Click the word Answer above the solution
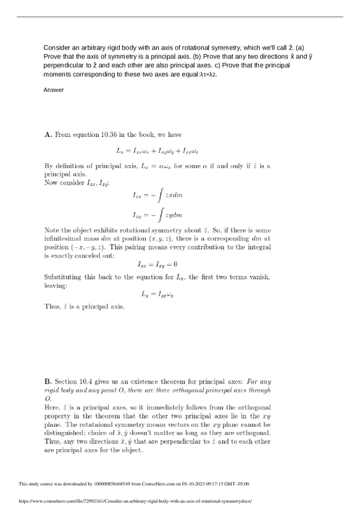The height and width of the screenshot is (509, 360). click(54, 90)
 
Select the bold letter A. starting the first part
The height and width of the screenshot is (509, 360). click(48, 135)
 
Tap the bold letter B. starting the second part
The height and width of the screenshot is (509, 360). click(48, 381)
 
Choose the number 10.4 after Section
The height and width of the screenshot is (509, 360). click(91, 381)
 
